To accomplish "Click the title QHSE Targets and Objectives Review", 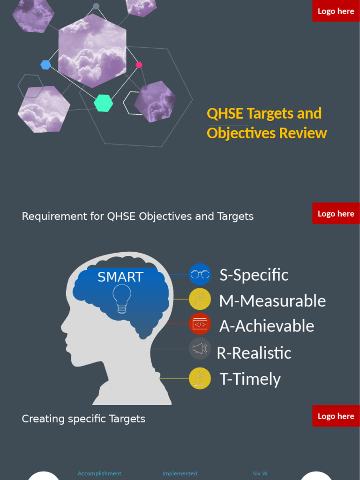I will pyautogui.click(x=266, y=123).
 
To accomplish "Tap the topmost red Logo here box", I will pyautogui.click(x=336, y=11).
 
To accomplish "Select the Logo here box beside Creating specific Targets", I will pyautogui.click(x=336, y=416).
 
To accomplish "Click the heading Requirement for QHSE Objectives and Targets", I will pyautogui.click(x=138, y=217).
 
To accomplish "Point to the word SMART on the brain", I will pyautogui.click(x=120, y=277).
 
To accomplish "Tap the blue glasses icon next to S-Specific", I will pyautogui.click(x=200, y=274).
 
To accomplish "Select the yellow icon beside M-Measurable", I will pyautogui.click(x=200, y=299).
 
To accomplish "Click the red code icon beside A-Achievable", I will pyautogui.click(x=200, y=324).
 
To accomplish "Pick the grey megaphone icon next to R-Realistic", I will pyautogui.click(x=200, y=349).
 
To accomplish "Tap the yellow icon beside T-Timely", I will pyautogui.click(x=200, y=378).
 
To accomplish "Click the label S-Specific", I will pyautogui.click(x=254, y=275).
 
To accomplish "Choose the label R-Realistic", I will pyautogui.click(x=254, y=353).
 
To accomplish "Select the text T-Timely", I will pyautogui.click(x=250, y=379).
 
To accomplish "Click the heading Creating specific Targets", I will pyautogui.click(x=83, y=419).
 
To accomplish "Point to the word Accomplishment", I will pyautogui.click(x=99, y=473).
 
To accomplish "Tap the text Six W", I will pyautogui.click(x=260, y=473).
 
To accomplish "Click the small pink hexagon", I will pyautogui.click(x=139, y=65).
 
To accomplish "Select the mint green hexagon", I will pyautogui.click(x=104, y=103).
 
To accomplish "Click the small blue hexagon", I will pyautogui.click(x=45, y=65).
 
